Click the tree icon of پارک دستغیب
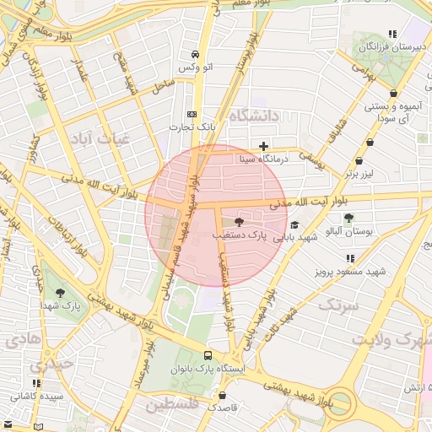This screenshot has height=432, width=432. (239, 222)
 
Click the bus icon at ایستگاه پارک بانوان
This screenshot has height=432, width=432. (208, 355)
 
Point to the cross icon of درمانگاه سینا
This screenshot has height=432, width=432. (264, 146)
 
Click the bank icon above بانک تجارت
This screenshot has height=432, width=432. (192, 114)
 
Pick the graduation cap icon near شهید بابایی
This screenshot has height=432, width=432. (294, 225)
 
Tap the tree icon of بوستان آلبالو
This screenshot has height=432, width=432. (348, 218)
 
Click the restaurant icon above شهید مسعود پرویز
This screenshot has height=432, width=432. (349, 259)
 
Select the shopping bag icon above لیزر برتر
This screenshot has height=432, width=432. (359, 160)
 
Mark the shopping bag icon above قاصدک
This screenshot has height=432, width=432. (222, 395)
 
